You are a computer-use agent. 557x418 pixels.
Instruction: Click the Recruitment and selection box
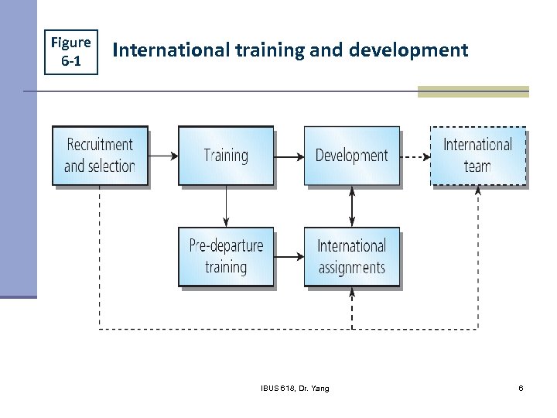[x=99, y=155]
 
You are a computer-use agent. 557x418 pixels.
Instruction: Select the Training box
[x=226, y=155]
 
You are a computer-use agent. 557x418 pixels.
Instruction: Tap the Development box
[x=352, y=155]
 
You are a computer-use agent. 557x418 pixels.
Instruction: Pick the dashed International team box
[x=477, y=155]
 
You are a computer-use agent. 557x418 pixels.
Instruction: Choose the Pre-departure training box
[x=226, y=256]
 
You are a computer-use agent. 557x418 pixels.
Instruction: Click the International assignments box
[x=352, y=256]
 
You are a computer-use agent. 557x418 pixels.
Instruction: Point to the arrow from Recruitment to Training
[x=162, y=156]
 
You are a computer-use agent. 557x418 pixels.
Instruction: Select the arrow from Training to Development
[x=289, y=156]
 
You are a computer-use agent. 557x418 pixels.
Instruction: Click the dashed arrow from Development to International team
[x=415, y=156]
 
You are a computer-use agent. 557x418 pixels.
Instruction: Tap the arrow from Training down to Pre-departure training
[x=226, y=206]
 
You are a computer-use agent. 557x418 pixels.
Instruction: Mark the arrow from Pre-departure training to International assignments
[x=289, y=256]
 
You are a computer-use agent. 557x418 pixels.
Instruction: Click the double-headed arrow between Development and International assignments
[x=352, y=206]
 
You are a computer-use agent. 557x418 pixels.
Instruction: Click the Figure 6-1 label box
[x=71, y=51]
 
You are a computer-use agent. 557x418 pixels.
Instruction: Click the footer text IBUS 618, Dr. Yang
[x=294, y=388]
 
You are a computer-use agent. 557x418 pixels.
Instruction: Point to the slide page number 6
[x=521, y=388]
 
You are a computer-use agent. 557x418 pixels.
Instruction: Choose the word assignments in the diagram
[x=352, y=267]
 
